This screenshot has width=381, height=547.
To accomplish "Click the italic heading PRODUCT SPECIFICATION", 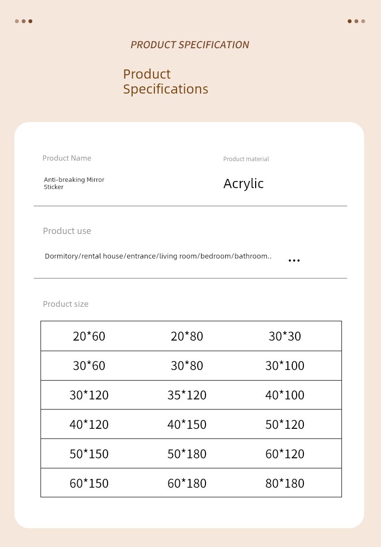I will pos(190,45).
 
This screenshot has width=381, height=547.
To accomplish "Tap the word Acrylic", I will pos(244,184).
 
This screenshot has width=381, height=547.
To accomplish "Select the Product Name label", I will pos(67,158).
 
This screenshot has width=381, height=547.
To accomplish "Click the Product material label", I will pos(246,159).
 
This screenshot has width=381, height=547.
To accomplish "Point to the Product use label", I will pos(67,231).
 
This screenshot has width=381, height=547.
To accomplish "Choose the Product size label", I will pos(66,304).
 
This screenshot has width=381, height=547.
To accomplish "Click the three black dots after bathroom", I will pos(294,260).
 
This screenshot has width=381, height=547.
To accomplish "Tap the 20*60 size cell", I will pos(89,336).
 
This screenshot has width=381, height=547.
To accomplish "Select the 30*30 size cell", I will pos(285,336).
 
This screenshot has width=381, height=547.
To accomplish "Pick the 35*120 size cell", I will pos(187,395).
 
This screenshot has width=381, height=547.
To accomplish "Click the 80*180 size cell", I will pos(285,483).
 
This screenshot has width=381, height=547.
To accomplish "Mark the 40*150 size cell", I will pos(187,424).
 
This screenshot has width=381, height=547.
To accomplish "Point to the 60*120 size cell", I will pos(285,454).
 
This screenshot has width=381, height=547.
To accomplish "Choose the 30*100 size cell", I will pos(285,366).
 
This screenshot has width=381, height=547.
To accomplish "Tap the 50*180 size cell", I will pos(187,454).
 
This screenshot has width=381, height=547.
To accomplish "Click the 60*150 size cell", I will pos(89,483).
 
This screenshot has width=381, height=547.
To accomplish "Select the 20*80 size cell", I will pos(187,336).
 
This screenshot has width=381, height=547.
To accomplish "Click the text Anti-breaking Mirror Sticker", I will pos(74,183).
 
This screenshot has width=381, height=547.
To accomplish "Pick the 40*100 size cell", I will pos(285,395).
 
